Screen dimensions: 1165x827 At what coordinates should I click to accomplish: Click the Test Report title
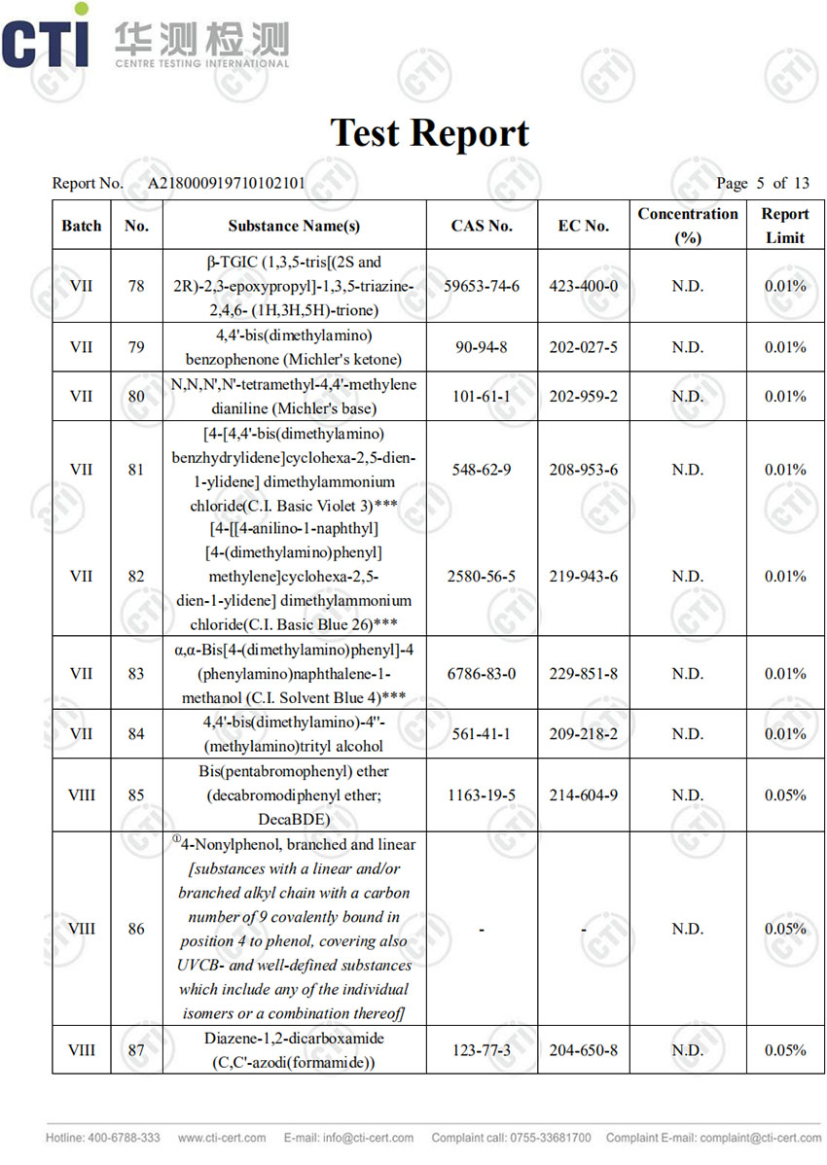(429, 133)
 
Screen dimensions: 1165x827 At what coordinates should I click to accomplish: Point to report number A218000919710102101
(227, 183)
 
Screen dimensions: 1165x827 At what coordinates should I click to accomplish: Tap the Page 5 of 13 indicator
(762, 183)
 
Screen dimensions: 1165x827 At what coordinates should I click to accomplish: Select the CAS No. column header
(482, 226)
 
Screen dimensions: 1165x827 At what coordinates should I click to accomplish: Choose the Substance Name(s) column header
(294, 226)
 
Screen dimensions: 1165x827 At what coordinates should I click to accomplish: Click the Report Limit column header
(784, 226)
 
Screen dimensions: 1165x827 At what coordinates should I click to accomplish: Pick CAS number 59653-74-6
(482, 286)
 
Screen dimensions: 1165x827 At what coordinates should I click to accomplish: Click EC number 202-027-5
(583, 347)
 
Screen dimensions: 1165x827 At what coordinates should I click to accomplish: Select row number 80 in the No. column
(136, 396)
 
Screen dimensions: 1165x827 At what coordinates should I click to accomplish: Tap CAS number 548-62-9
(482, 470)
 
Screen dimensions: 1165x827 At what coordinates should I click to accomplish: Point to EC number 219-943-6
(583, 576)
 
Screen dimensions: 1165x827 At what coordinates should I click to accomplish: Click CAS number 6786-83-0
(482, 673)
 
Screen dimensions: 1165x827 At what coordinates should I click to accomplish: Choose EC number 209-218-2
(583, 733)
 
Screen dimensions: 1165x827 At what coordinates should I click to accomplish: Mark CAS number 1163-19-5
(482, 794)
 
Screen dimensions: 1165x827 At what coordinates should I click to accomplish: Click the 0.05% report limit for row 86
(784, 929)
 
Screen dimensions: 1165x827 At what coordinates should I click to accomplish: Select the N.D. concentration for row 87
(687, 1050)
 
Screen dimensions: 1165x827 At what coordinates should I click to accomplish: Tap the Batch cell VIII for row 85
(82, 794)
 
